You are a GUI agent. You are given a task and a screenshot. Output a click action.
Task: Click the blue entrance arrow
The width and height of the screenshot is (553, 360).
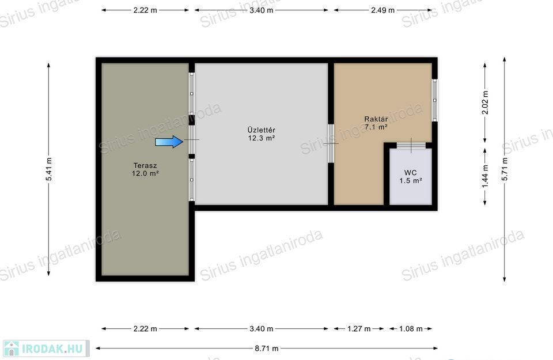169,141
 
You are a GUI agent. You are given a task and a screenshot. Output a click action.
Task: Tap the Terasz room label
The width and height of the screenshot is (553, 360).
145,165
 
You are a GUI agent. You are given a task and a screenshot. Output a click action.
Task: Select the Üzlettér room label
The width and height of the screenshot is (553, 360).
262,130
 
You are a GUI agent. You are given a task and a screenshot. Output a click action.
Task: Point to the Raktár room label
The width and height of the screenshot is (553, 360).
376,119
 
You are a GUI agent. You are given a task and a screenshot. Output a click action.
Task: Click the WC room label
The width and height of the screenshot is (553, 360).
411,173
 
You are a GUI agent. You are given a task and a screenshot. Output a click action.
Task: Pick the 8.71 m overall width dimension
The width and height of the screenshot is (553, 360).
267,348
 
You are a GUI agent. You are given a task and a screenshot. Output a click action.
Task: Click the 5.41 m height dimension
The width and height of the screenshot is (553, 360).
48,169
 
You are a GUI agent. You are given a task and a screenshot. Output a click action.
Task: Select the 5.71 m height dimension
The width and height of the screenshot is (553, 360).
505,169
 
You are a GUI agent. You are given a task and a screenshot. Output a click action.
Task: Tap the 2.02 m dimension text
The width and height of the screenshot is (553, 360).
485,103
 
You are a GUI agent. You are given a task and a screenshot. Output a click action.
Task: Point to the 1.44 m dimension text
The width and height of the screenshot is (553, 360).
485,176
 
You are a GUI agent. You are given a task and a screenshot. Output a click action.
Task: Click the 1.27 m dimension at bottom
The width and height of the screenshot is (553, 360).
359,329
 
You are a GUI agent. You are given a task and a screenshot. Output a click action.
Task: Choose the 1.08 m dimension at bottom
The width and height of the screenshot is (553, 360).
411,329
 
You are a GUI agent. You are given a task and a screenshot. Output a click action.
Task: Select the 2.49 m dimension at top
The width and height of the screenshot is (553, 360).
382,10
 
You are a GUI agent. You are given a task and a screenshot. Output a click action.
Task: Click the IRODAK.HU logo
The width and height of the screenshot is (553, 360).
46,348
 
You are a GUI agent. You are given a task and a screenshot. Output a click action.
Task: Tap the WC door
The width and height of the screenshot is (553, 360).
411,145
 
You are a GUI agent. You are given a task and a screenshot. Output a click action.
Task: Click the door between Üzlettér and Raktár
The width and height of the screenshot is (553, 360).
331,143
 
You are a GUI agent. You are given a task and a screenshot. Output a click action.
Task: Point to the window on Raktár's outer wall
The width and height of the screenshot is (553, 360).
434,100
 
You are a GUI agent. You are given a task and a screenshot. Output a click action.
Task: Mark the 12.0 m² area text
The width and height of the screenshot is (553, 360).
145,173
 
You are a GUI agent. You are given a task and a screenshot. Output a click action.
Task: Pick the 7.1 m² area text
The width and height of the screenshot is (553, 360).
376,127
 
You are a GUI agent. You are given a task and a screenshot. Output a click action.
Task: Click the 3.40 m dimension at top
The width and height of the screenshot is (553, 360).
262,10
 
